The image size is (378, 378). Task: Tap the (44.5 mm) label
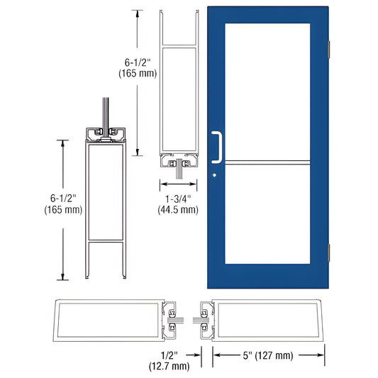point(177,211)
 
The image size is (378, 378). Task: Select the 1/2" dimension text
point(170,354)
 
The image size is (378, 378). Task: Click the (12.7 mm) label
point(170,366)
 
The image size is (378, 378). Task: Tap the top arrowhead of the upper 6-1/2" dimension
point(132,13)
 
